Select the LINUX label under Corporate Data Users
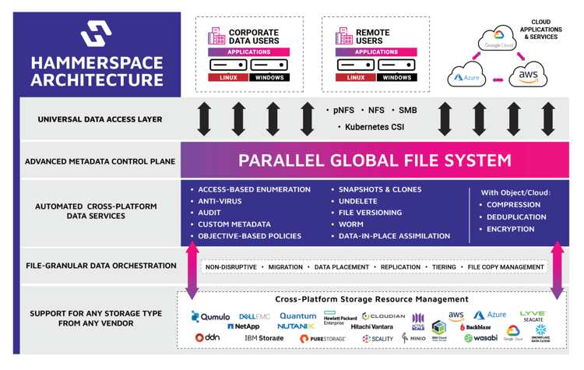coord(227,78)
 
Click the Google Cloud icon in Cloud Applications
coord(498,38)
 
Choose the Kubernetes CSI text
coord(372,126)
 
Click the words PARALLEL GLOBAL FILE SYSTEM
coord(375,160)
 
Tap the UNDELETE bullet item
coord(358,201)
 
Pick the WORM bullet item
coord(351,224)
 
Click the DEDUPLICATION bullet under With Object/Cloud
coord(515,217)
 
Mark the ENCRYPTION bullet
coord(510,229)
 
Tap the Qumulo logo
coord(211,317)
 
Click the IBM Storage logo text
coord(264,338)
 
